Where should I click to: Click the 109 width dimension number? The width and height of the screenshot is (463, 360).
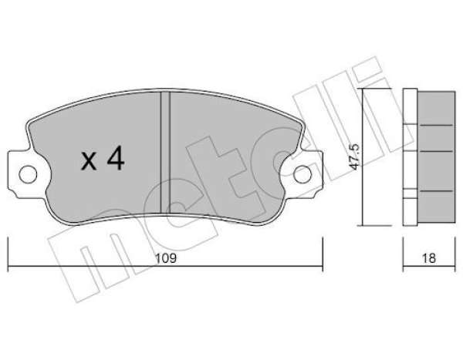(166, 258)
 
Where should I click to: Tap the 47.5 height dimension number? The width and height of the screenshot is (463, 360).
(353, 156)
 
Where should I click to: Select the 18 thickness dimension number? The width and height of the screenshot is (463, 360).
(429, 258)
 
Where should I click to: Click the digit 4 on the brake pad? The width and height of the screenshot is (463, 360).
(116, 158)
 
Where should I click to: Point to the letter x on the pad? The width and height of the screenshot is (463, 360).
(89, 161)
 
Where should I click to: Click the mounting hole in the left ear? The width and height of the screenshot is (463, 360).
(28, 174)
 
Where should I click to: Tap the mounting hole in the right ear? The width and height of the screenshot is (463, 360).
(302, 174)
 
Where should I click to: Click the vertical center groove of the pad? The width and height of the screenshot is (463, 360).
(165, 152)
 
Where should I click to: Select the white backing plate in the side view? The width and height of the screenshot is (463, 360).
(410, 157)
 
